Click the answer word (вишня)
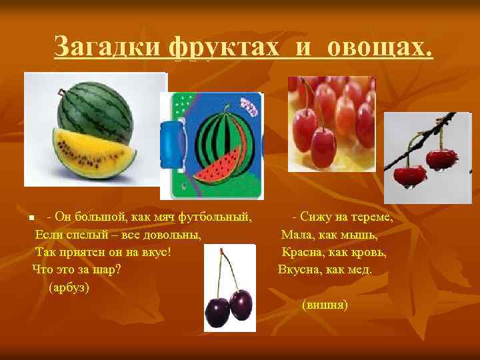[325, 305]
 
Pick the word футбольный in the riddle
[221, 217]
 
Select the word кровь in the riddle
[367, 253]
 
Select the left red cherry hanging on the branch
[409, 174]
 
